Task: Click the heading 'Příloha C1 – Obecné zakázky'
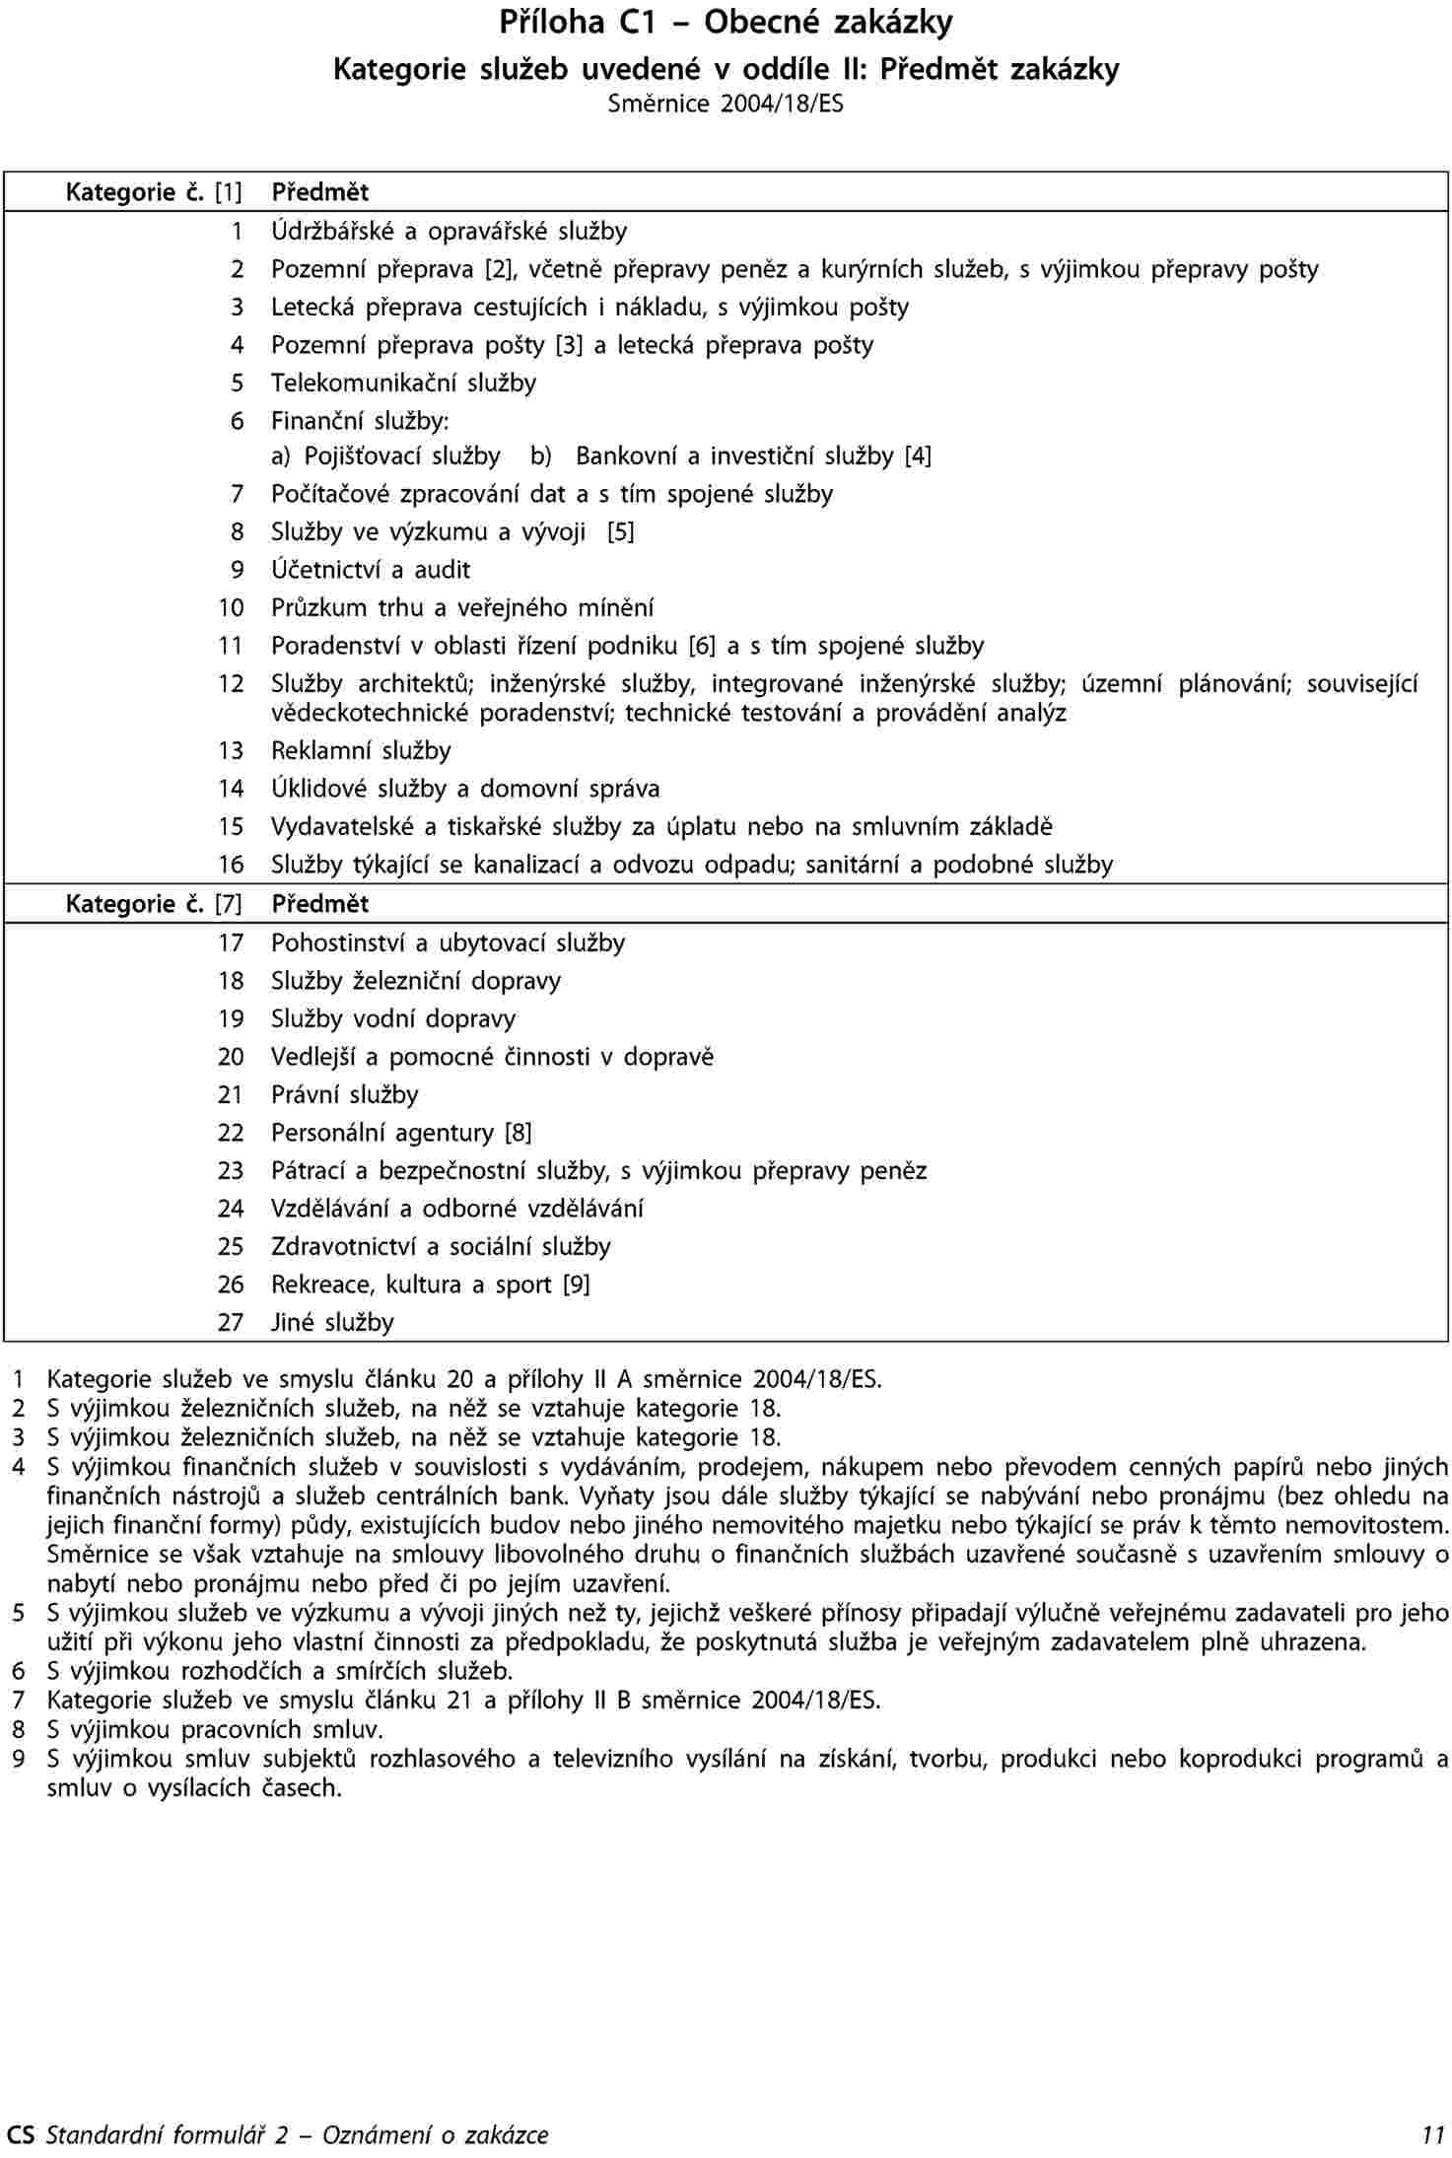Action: click(x=726, y=23)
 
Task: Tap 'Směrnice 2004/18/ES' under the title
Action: click(x=726, y=104)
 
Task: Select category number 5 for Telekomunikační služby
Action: click(x=237, y=383)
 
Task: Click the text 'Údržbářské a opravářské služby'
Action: click(x=449, y=231)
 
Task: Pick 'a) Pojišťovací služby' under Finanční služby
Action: click(x=385, y=455)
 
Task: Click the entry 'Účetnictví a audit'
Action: click(x=371, y=570)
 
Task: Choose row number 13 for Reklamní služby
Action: click(x=231, y=751)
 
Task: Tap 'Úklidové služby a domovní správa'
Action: click(x=465, y=789)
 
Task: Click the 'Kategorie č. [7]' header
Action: click(x=154, y=903)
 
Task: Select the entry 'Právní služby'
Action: click(x=345, y=1094)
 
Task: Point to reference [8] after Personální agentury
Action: click(x=519, y=1133)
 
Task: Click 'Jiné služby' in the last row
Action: click(x=332, y=1322)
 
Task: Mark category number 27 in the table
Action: click(x=231, y=1322)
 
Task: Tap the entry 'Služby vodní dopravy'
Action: click(x=393, y=1018)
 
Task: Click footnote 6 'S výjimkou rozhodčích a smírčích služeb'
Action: click(x=280, y=1671)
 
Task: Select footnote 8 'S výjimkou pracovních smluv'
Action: click(x=215, y=1729)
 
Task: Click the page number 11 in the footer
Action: click(x=1433, y=2135)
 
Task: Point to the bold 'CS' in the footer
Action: click(x=20, y=2135)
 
